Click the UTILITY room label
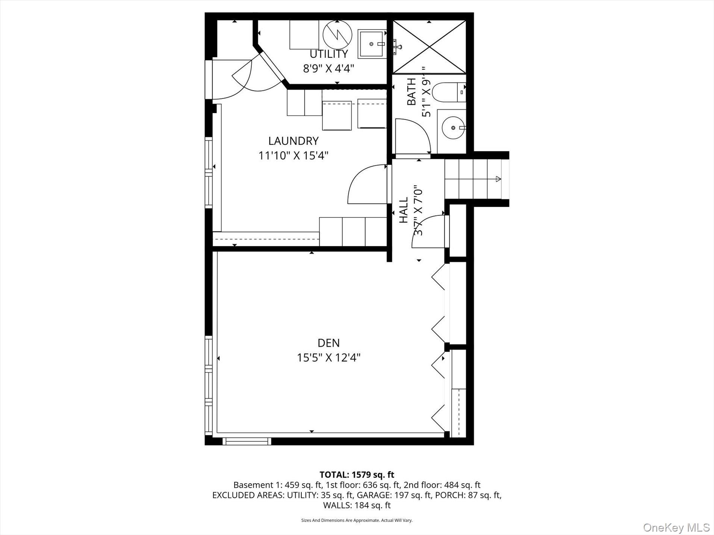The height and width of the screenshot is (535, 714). point(328,54)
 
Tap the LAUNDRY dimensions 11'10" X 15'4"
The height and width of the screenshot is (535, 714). point(293,155)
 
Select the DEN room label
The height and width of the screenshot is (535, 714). point(328,343)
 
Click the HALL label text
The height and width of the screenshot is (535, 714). point(404,210)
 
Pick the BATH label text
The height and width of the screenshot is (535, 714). point(411,92)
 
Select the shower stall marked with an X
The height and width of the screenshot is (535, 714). point(429,47)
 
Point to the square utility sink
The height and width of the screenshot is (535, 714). point(372,44)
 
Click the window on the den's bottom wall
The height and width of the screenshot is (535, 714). point(247,441)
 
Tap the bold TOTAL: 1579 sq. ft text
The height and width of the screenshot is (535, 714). point(357,475)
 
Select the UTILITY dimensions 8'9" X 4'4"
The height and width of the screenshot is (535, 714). point(328,69)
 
